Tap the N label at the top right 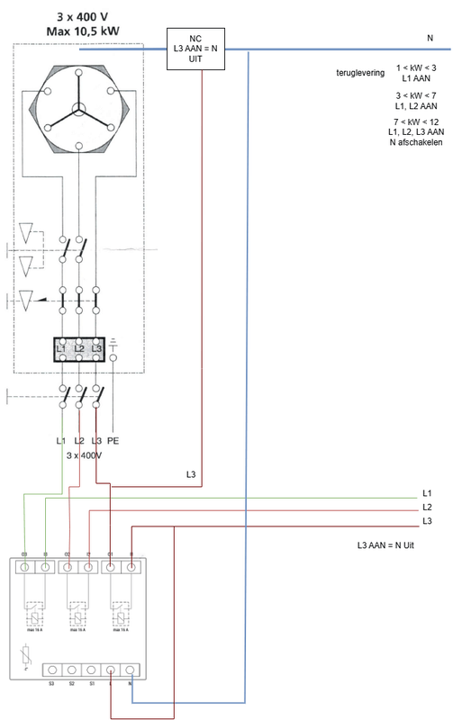(x=430, y=39)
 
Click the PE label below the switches (x=113, y=440)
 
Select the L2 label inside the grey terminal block (x=79, y=347)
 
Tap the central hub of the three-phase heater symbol (x=79, y=111)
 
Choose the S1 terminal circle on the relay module (x=90, y=670)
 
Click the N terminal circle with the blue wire (x=131, y=670)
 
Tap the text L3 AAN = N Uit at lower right (x=390, y=545)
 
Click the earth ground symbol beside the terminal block (x=113, y=343)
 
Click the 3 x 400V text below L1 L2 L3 (x=85, y=456)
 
